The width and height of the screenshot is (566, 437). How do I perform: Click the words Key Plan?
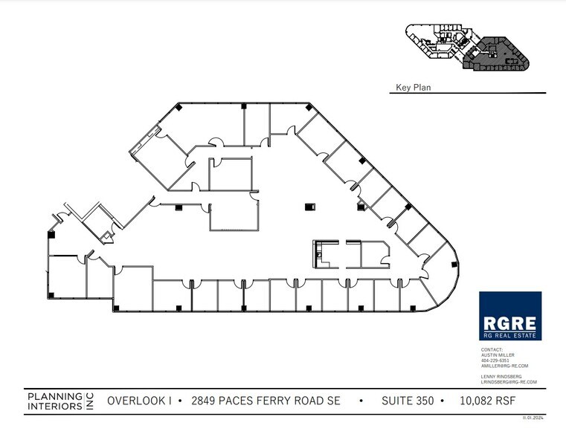pyautogui.click(x=413, y=88)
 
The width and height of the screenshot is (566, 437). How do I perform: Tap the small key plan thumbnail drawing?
pyautogui.click(x=467, y=47)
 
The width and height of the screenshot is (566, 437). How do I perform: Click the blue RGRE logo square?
pyautogui.click(x=509, y=316)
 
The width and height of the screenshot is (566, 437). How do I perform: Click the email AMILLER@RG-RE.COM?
pyautogui.click(x=504, y=366)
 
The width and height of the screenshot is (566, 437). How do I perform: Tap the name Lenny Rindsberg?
pyautogui.click(x=501, y=377)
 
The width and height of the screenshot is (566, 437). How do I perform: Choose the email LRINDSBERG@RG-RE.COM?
pyautogui.click(x=509, y=382)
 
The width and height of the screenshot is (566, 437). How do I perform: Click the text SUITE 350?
pyautogui.click(x=407, y=401)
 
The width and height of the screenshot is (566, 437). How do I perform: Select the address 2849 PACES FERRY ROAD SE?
pyautogui.click(x=267, y=401)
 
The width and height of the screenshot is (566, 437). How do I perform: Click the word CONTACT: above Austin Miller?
pyautogui.click(x=492, y=349)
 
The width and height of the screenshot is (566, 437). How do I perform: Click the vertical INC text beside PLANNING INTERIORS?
pyautogui.click(x=89, y=401)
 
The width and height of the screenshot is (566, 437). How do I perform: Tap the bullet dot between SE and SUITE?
pyautogui.click(x=361, y=401)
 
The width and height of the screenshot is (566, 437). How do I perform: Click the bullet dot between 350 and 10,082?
pyautogui.click(x=443, y=401)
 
